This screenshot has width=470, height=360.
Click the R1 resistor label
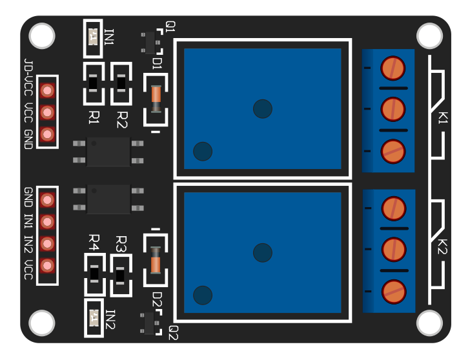pyautogui.click(x=94, y=117)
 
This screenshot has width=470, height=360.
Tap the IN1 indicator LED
pyautogui.click(x=93, y=37)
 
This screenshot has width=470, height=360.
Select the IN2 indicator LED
pyautogui.click(x=94, y=317)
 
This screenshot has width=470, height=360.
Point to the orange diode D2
pyautogui.click(x=156, y=261)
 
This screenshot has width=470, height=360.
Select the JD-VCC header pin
pyautogui.click(x=46, y=90)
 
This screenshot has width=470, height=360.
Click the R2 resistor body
pyautogui.click(x=121, y=83)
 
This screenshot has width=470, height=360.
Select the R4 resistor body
pyautogui.click(x=94, y=274)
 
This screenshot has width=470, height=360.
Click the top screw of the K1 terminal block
pyautogui.click(x=393, y=66)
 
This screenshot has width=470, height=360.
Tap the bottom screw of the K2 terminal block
pyautogui.click(x=393, y=291)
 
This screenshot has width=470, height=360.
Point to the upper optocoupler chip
pyautogui.click(x=108, y=152)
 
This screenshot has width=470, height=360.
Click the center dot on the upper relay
pyautogui.click(x=262, y=108)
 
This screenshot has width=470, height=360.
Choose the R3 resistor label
pyautogui.click(x=121, y=243)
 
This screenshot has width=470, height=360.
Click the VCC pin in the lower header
pyautogui.click(x=46, y=265)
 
